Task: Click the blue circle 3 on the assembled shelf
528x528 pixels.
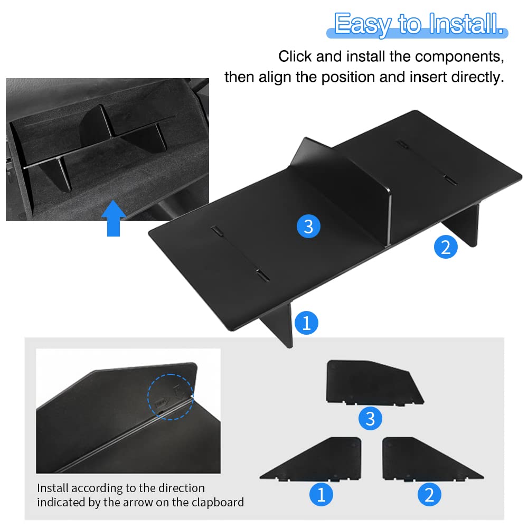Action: pyautogui.click(x=308, y=227)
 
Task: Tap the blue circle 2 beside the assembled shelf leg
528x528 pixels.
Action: pyautogui.click(x=446, y=247)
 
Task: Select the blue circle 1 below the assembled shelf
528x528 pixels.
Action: pyautogui.click(x=306, y=323)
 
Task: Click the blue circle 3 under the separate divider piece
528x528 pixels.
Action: pyautogui.click(x=370, y=419)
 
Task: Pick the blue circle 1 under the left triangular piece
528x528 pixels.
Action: pyautogui.click(x=321, y=494)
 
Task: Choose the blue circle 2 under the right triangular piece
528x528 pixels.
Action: pyautogui.click(x=429, y=494)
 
